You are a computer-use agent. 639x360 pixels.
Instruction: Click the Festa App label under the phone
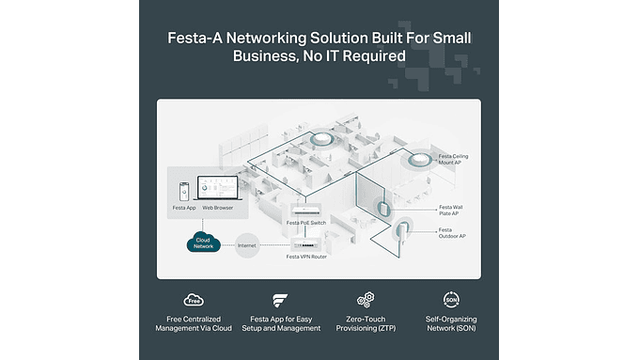point(184,207)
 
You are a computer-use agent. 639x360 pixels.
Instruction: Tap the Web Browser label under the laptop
point(217,207)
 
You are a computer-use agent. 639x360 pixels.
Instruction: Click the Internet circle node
point(247,244)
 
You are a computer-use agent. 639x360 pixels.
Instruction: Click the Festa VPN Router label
point(306,256)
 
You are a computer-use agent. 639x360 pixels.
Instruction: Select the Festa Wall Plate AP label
point(452,210)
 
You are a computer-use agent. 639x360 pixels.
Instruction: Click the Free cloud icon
point(193,300)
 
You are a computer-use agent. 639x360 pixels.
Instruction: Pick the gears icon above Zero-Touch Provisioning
point(366,300)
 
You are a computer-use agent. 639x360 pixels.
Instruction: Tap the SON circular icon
point(451,300)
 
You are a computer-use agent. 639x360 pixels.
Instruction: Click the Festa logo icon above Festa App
point(279,300)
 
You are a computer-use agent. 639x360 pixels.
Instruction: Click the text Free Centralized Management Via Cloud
point(193,324)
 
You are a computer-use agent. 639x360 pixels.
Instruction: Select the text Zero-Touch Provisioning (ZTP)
point(366,324)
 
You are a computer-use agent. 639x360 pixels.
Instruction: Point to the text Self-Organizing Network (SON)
point(451,324)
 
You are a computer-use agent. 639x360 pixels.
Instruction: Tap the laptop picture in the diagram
point(216,186)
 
